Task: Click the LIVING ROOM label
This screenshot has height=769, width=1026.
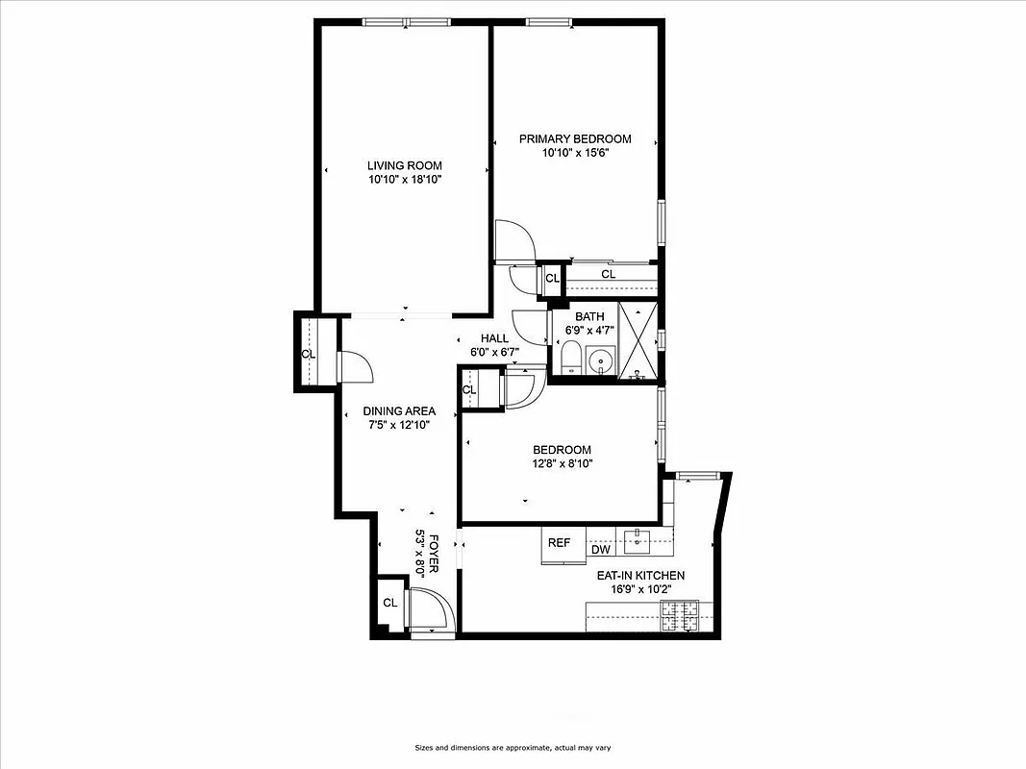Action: [x=404, y=165]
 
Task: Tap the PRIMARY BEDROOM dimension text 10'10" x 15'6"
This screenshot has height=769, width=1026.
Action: [x=575, y=153]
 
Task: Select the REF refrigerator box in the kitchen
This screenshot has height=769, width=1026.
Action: [x=559, y=543]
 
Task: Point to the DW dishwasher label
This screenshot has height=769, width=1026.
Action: [x=601, y=550]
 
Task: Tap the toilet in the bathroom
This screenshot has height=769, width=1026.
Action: [x=571, y=359]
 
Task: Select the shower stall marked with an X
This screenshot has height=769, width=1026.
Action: [x=637, y=341]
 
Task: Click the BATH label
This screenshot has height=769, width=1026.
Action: [x=588, y=317]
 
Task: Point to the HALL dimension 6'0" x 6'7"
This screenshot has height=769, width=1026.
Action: [x=494, y=352]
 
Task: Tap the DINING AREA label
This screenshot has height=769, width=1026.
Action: [x=399, y=411]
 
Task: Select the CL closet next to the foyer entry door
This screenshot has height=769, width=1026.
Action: [x=389, y=603]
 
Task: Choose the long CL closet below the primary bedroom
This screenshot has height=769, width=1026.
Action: [x=608, y=275]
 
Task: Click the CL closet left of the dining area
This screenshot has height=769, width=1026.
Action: [x=308, y=354]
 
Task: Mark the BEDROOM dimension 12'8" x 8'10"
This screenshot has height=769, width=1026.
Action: [x=562, y=463]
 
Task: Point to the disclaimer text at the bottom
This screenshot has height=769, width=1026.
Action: [x=513, y=747]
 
